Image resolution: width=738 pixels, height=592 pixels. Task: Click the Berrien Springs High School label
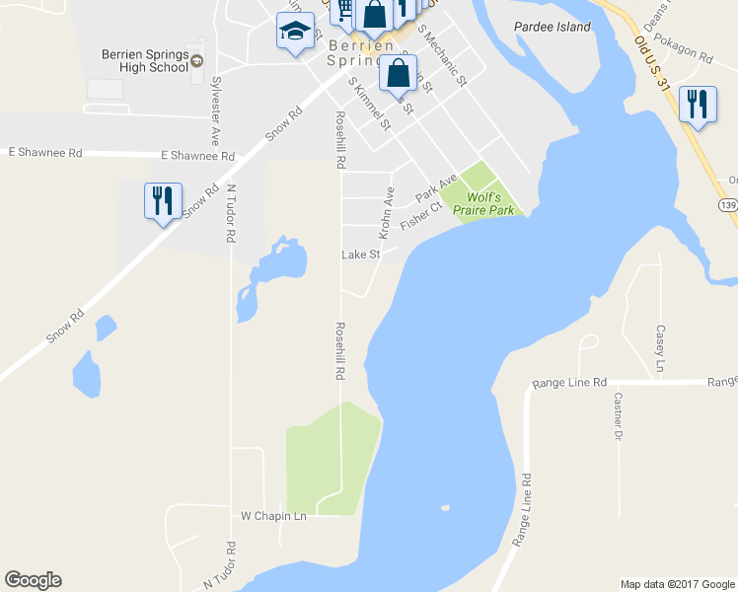coord(144,60)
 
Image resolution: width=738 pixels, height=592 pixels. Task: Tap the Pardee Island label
coord(553,27)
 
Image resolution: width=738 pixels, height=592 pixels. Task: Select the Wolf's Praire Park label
coord(477,204)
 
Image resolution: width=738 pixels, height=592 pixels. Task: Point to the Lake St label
coord(360,255)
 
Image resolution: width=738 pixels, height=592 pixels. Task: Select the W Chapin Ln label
coord(274,516)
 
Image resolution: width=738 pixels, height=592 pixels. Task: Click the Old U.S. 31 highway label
coord(652,59)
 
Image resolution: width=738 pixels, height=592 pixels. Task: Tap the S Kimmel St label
coord(369,106)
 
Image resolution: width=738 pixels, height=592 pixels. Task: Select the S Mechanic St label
coord(441,55)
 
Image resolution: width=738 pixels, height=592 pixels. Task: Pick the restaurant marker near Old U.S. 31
coord(698,104)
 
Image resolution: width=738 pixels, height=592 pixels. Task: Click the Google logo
coord(34,580)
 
